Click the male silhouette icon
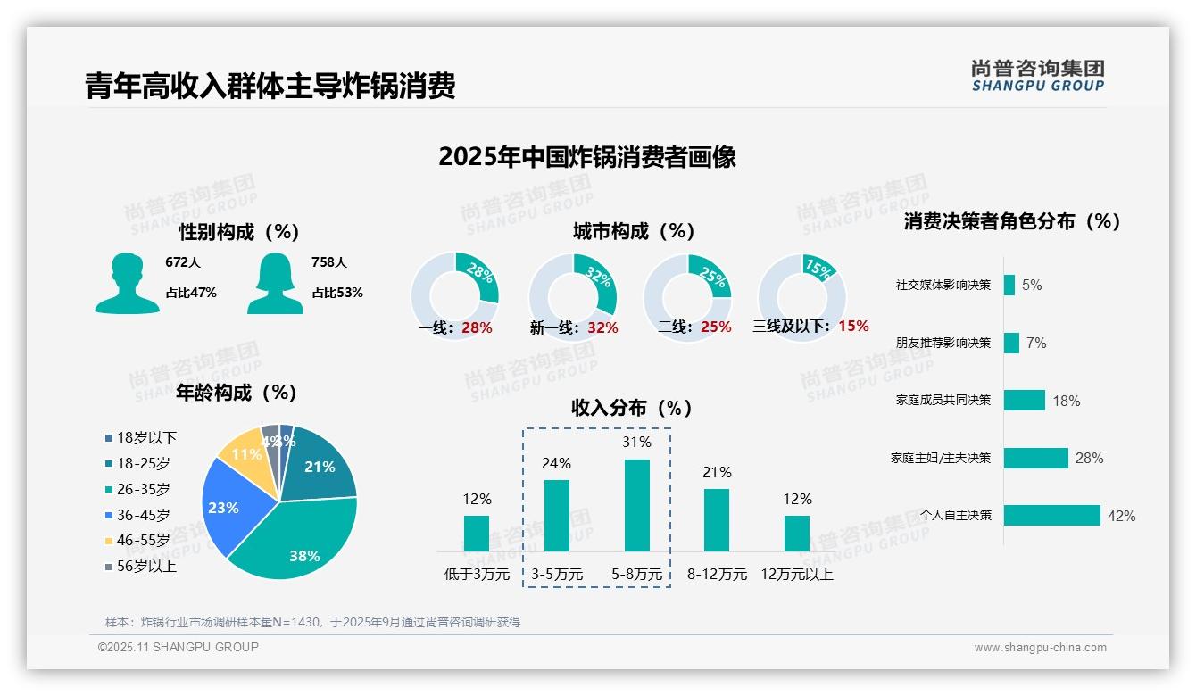(127, 283)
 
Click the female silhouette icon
(275, 283)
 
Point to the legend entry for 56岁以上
(140, 566)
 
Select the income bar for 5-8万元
(636, 505)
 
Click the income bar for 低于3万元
(477, 533)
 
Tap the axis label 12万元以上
(796, 574)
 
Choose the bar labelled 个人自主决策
(1051, 516)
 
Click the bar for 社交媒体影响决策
(1009, 285)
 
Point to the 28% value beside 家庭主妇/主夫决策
(1089, 458)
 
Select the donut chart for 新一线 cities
(573, 297)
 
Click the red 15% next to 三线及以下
(853, 326)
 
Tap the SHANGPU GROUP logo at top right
(1037, 75)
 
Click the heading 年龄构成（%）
(236, 392)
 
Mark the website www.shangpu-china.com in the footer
(1040, 647)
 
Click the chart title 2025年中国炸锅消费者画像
(586, 157)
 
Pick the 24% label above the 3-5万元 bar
(556, 463)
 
